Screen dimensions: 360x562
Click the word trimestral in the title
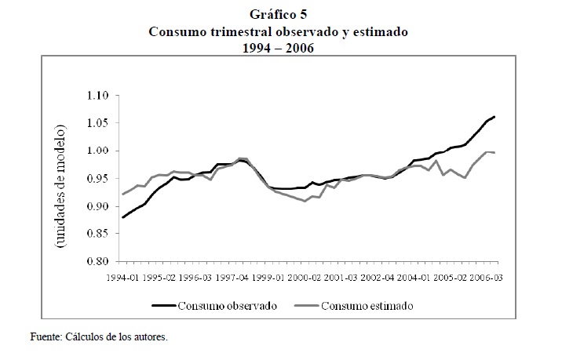pyautogui.click(x=238, y=32)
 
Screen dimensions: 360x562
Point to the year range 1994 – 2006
pyautogui.click(x=281, y=49)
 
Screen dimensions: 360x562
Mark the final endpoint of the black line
pyautogui.click(x=494, y=117)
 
